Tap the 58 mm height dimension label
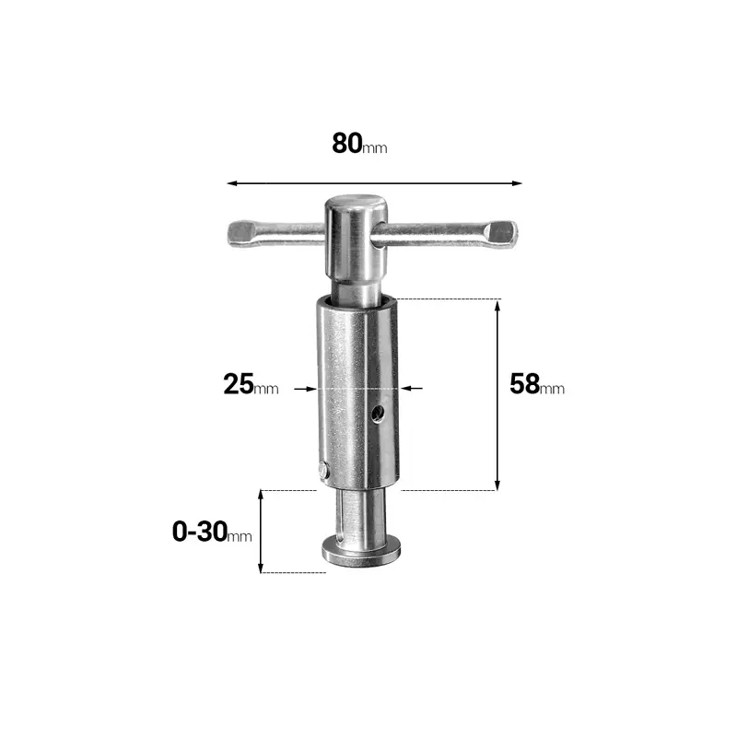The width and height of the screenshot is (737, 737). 536,384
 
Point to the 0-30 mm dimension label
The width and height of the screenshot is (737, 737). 211,532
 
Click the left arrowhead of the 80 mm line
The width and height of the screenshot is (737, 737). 231,183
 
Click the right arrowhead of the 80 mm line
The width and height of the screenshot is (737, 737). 517,183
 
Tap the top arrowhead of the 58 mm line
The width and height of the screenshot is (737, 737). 498,305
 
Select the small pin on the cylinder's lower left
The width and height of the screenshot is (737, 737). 319,470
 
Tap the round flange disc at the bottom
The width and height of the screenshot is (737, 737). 360,551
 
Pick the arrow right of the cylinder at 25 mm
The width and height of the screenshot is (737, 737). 412,389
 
